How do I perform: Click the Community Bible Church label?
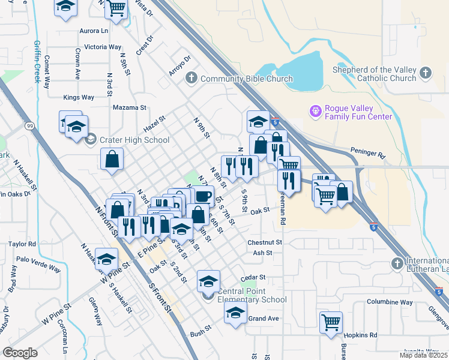coord(246,79)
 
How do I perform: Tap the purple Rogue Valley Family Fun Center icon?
coord(315,111)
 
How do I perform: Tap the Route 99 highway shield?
coord(28,126)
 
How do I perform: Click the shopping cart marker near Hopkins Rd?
coord(331,322)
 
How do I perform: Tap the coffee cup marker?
coord(203,196)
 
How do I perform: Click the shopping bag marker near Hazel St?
coord(112,159)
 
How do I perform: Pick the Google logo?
coord(20,353)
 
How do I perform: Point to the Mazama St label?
coord(130,108)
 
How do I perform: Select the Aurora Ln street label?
coord(94,30)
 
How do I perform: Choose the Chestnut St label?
coord(265,242)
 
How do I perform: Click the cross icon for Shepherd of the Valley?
coord(426,73)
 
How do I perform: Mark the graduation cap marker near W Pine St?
coord(106,259)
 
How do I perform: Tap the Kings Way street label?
coord(79,97)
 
